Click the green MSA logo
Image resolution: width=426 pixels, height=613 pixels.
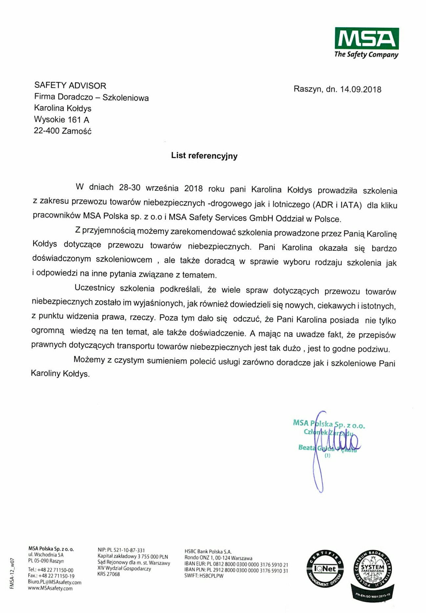click(367, 38)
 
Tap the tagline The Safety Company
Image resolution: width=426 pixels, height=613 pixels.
click(366, 54)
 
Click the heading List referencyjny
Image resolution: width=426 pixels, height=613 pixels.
click(204, 156)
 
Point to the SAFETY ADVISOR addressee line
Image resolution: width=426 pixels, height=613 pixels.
click(70, 86)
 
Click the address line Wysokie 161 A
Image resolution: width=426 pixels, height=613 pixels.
click(62, 119)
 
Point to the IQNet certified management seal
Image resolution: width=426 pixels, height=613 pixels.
click(325, 569)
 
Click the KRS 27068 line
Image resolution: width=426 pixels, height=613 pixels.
click(109, 574)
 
